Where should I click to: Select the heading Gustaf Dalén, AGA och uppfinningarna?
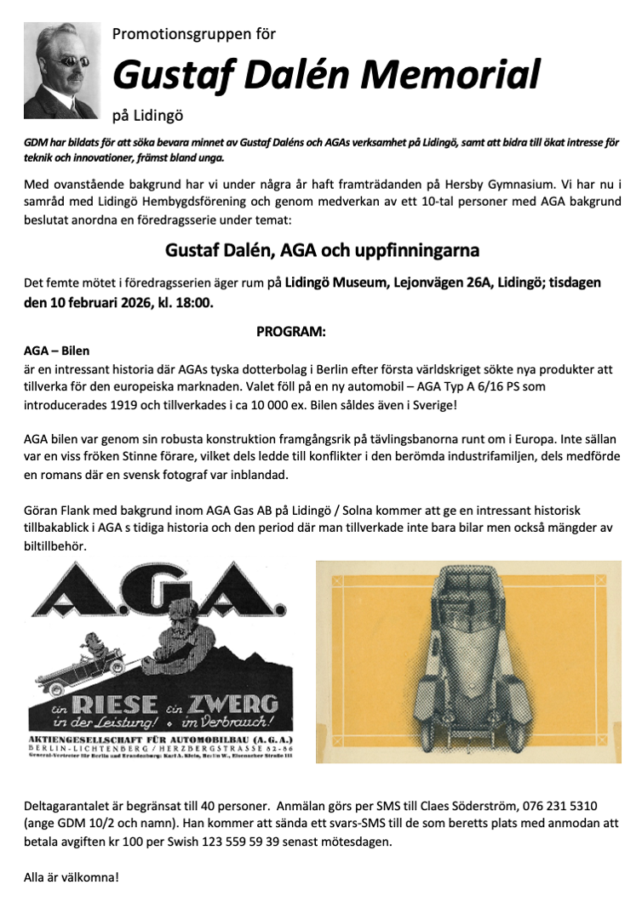321,251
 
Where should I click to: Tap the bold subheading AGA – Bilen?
56,350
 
